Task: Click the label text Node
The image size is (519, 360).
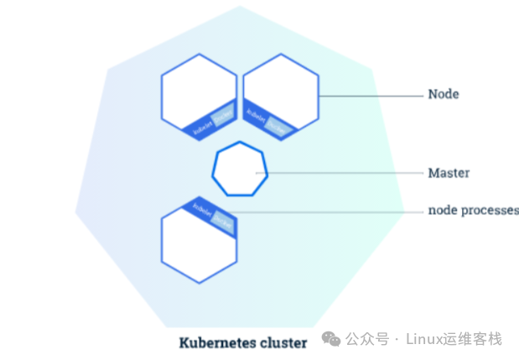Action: click(x=443, y=95)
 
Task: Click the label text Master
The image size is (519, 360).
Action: click(x=449, y=173)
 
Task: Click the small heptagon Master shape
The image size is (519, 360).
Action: click(x=240, y=171)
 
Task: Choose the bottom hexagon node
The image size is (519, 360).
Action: click(x=198, y=248)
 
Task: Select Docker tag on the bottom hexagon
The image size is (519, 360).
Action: click(x=222, y=220)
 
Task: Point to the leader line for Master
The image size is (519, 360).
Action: click(x=344, y=174)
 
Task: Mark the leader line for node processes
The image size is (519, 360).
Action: click(x=327, y=211)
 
